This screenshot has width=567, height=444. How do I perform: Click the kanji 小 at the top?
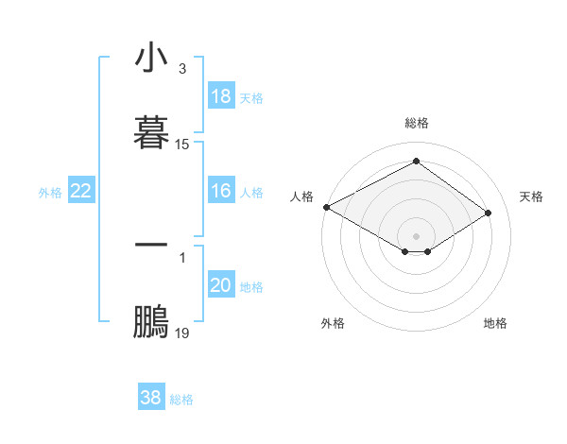point(151,59)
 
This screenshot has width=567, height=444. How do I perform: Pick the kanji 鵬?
point(151,322)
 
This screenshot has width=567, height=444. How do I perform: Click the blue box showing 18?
point(221,96)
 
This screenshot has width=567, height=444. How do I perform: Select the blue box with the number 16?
point(221,191)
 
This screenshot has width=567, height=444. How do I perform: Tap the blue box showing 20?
point(221,285)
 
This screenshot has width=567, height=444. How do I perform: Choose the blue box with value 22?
point(81,191)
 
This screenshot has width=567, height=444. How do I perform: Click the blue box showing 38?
point(151,398)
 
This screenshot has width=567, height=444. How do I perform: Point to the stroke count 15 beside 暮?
point(182,145)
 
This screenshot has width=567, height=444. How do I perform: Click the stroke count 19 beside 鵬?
point(182,334)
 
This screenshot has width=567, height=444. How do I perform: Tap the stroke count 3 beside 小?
point(181,69)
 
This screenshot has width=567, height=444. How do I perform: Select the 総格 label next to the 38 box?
point(181,400)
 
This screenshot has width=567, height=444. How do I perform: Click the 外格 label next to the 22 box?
point(50,193)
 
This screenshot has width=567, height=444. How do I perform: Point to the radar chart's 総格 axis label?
point(417,123)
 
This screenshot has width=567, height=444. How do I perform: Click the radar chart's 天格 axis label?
point(531,196)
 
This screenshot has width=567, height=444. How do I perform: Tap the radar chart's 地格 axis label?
point(495,323)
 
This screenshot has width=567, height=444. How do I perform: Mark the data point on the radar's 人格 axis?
point(326,207)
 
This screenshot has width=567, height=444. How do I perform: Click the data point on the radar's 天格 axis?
point(489,213)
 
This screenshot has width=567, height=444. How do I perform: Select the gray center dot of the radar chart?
point(417,235)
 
